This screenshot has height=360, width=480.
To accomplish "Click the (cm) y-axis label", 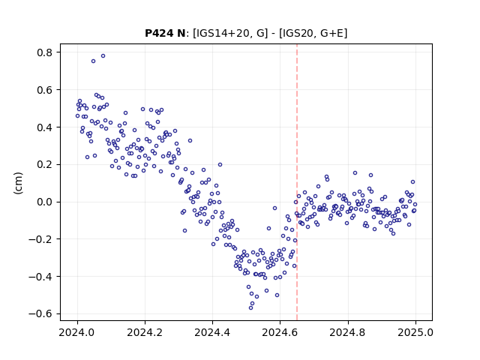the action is [18, 183].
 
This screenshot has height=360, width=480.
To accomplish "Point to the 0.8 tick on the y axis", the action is [45, 52].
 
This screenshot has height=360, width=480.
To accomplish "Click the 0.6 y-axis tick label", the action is [45, 90].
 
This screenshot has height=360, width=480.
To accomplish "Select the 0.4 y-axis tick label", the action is [45, 127].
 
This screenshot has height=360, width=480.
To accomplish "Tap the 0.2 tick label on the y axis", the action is [45, 165].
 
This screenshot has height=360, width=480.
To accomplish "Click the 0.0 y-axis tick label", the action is [45, 202].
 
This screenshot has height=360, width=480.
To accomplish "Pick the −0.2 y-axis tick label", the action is [40, 239].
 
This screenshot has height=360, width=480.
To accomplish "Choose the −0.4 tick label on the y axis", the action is [40, 277].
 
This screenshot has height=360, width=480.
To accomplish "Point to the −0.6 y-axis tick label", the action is [40, 314].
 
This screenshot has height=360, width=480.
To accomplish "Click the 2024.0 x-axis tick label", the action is [77, 332].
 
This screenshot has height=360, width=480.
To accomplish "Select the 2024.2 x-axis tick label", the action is [145, 332].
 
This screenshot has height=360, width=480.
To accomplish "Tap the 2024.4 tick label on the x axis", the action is [212, 332].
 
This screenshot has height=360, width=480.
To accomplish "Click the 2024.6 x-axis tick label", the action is [280, 332].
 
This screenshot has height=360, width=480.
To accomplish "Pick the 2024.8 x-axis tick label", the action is [348, 332].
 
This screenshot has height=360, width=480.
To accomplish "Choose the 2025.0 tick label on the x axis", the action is [415, 332].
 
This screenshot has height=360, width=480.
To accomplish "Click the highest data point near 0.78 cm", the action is [103, 56].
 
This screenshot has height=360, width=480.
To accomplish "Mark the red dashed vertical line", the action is [297, 182].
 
